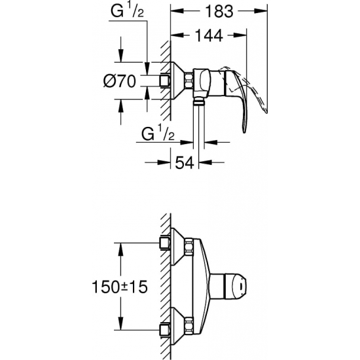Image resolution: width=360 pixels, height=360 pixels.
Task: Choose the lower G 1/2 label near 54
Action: (158, 134)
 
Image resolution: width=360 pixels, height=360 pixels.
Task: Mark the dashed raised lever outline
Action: (252, 85)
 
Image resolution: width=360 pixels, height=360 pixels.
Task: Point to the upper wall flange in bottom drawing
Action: (175, 246)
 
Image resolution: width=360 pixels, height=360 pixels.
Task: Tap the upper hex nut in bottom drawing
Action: (190, 247)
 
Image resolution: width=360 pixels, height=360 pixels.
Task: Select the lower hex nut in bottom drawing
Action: (190, 323)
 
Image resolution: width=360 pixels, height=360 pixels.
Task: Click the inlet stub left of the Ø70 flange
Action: (164, 81)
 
